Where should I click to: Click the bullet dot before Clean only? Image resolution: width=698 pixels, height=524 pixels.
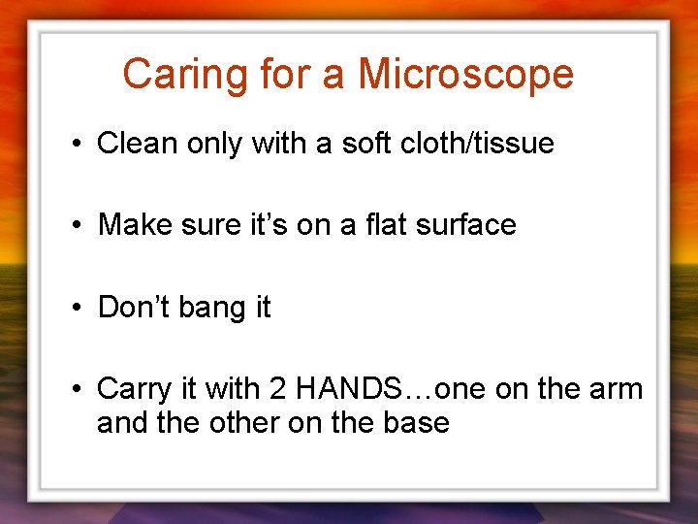pyautogui.click(x=76, y=145)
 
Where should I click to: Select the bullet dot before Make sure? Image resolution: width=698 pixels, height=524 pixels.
pyautogui.click(x=76, y=226)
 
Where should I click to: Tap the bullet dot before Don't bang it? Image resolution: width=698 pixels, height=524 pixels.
pyautogui.click(x=76, y=309)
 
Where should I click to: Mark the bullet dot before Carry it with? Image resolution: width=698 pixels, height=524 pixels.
pyautogui.click(x=76, y=390)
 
